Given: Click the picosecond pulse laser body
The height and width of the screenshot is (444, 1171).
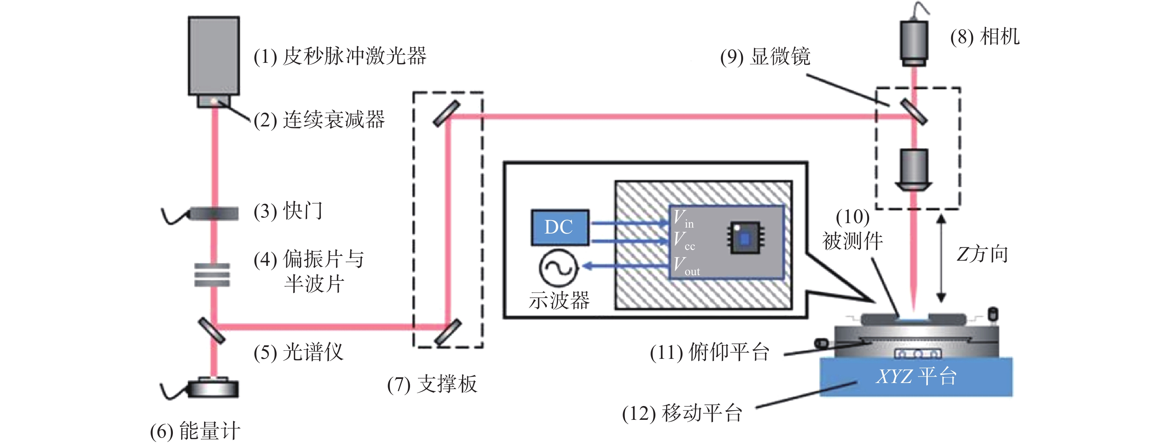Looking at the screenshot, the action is [x=214, y=55].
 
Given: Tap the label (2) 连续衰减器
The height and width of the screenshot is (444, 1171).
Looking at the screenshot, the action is [x=319, y=120].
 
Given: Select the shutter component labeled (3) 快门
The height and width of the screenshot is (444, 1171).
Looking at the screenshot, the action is [x=214, y=213].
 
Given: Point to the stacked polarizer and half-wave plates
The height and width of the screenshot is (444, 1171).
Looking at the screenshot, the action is [x=212, y=275].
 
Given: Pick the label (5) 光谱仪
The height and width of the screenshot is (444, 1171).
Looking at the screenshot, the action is [x=298, y=352].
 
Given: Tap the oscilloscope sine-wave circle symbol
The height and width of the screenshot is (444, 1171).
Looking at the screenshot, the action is [x=558, y=267].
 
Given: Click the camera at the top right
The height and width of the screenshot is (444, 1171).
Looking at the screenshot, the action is [x=914, y=41].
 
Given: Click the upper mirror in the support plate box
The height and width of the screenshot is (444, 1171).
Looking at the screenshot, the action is [x=446, y=114].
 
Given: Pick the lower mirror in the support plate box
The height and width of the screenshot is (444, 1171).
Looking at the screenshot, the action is [x=448, y=332].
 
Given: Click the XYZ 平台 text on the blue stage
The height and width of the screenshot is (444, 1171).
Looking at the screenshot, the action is [x=916, y=377].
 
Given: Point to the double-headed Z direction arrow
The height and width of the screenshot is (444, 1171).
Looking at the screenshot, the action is [x=941, y=258].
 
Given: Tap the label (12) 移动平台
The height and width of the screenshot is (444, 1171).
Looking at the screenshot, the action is [x=682, y=413].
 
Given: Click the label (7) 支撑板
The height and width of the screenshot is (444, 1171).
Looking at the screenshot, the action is [x=432, y=384].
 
